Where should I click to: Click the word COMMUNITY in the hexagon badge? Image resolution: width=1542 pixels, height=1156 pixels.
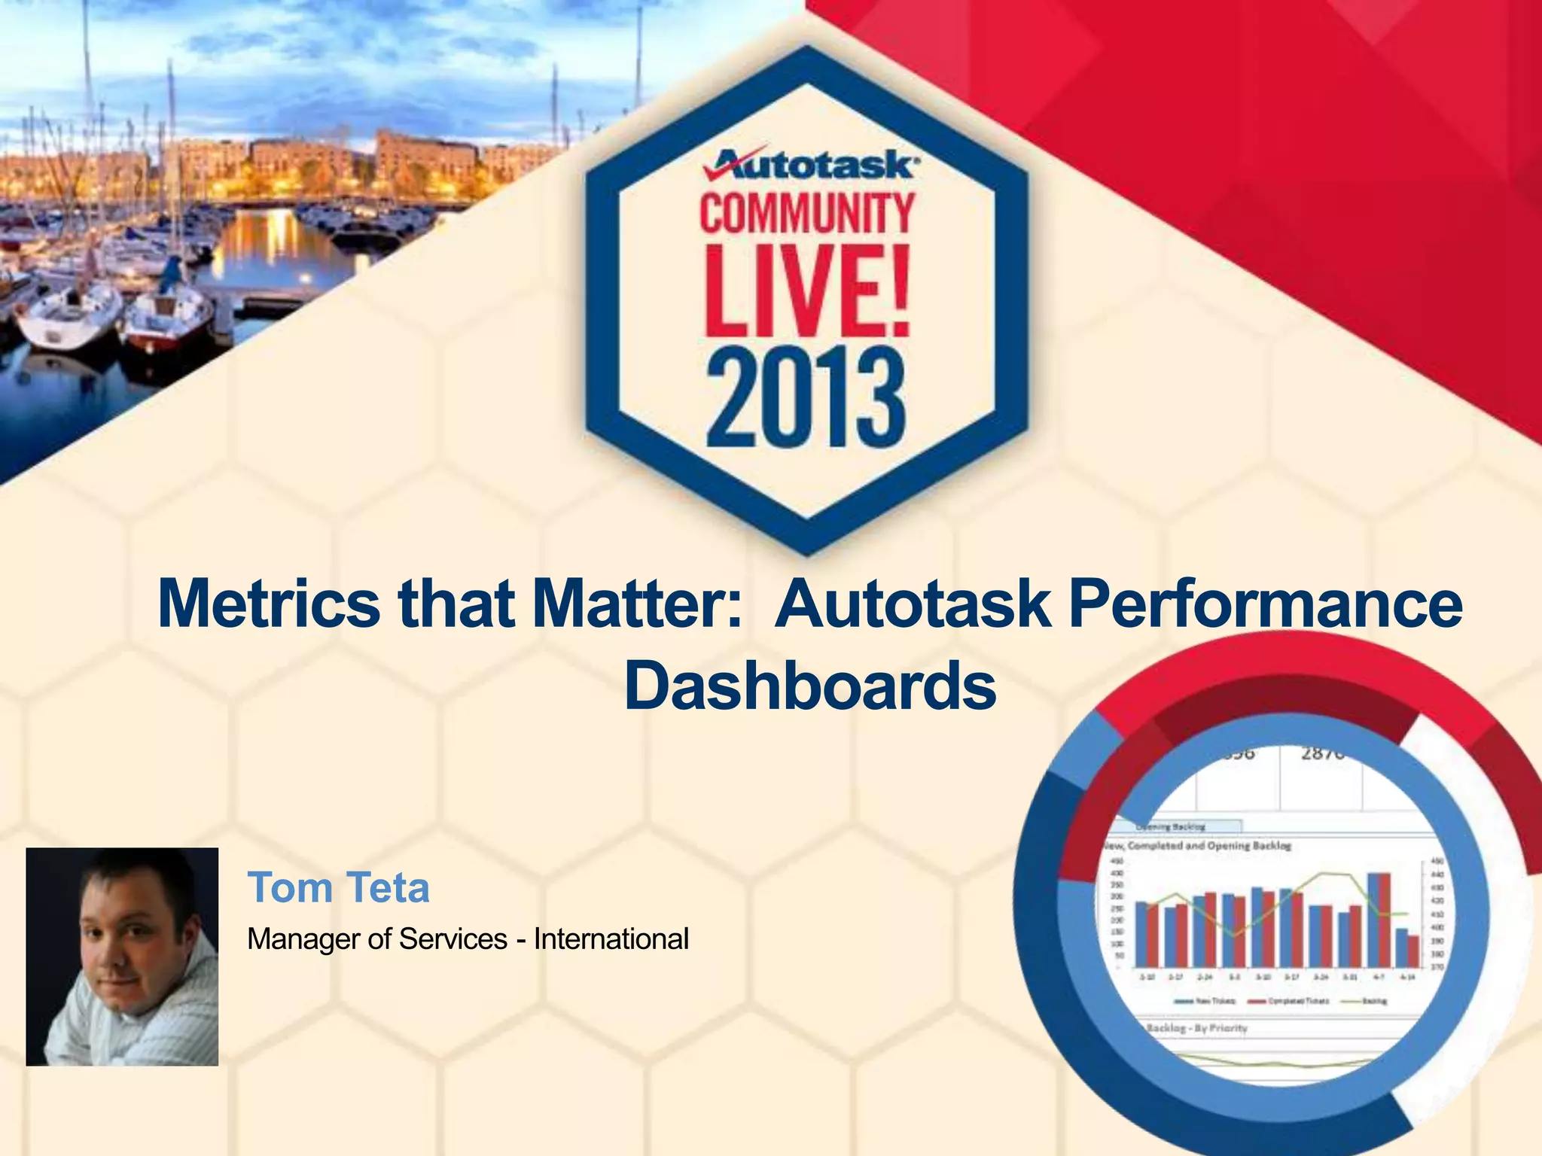(x=807, y=214)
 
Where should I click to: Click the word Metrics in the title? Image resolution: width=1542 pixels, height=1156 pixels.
(x=270, y=604)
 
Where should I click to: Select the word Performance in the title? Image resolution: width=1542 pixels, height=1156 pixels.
(x=1265, y=604)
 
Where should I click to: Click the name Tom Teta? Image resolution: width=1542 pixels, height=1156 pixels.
(x=338, y=887)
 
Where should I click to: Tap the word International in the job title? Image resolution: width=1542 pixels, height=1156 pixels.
(x=611, y=939)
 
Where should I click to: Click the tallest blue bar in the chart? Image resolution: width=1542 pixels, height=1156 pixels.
(x=1373, y=920)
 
